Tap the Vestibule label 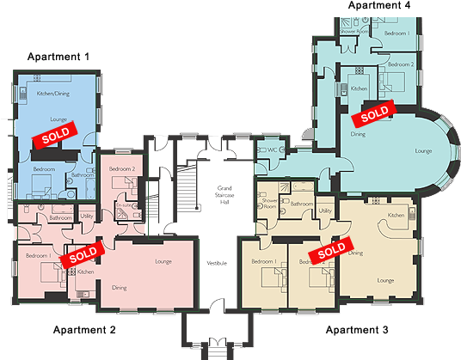pos(217,262)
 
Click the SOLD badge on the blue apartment pos(55,136)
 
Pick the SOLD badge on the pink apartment pos(83,253)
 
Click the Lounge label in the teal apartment pos(422,150)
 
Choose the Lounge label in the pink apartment pos(163,260)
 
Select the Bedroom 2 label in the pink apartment pos(122,170)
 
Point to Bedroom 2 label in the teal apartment pos(400,64)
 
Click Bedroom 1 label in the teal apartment pos(396,33)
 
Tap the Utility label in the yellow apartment pos(325,211)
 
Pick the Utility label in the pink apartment pos(86,217)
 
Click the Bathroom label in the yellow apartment pos(301,204)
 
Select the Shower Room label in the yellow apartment pos(269,204)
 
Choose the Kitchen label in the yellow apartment pos(396,215)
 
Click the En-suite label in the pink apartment pos(123,207)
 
